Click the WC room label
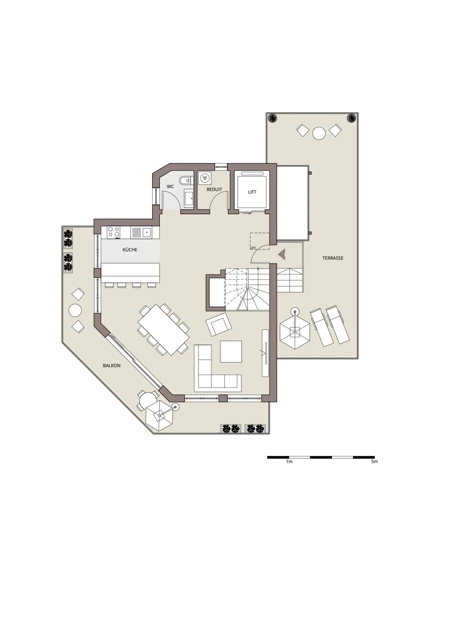pos(170,187)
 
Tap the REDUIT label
pos(214,190)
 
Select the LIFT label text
pos(252,192)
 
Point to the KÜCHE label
pos(130,250)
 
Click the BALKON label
pos(112,366)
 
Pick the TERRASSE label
pos(333,258)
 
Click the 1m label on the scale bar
pos(289,462)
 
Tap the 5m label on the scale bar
pos(374,462)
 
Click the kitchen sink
pos(141,232)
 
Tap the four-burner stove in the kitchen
pos(114,232)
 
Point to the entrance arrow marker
pos(282,255)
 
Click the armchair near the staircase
pos(218,324)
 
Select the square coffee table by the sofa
pos(231,352)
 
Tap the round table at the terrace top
pos(319,133)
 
